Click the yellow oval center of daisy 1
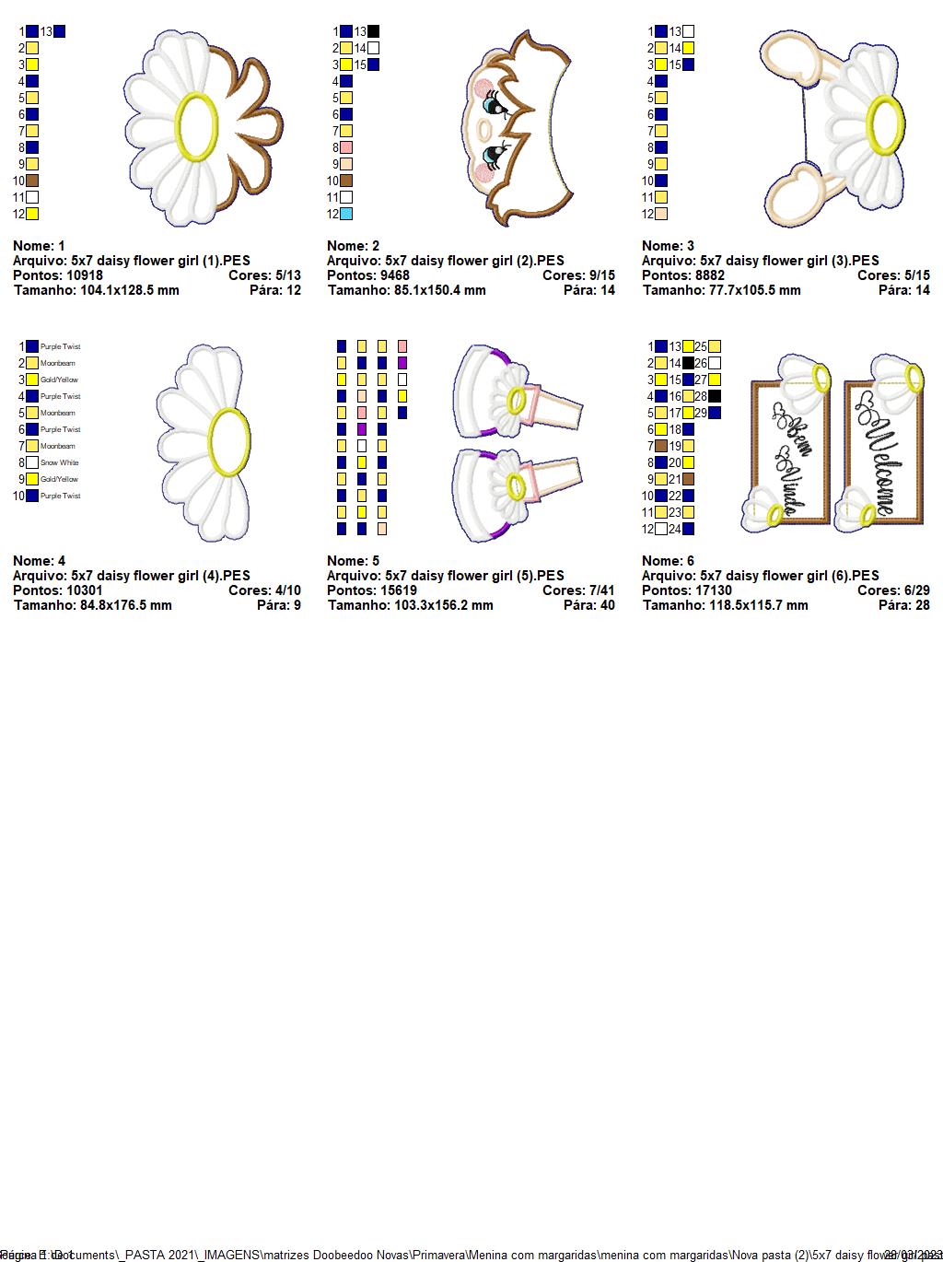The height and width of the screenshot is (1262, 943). tap(197, 127)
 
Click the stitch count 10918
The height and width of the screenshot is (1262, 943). tap(85, 275)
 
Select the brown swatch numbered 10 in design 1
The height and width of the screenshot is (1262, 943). tap(32, 181)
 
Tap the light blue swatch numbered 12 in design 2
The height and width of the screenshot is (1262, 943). tap(346, 214)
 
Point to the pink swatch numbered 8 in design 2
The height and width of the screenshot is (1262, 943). tap(346, 147)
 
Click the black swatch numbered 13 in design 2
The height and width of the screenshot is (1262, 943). tap(373, 31)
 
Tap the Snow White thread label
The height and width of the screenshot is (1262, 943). tap(60, 462)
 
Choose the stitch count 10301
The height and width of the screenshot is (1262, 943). tap(85, 590)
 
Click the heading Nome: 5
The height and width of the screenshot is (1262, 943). tap(353, 561)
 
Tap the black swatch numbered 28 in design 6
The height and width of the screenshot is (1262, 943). tap(715, 396)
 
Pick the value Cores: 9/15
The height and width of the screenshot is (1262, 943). tap(578, 275)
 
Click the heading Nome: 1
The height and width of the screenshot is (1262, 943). tap(39, 246)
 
